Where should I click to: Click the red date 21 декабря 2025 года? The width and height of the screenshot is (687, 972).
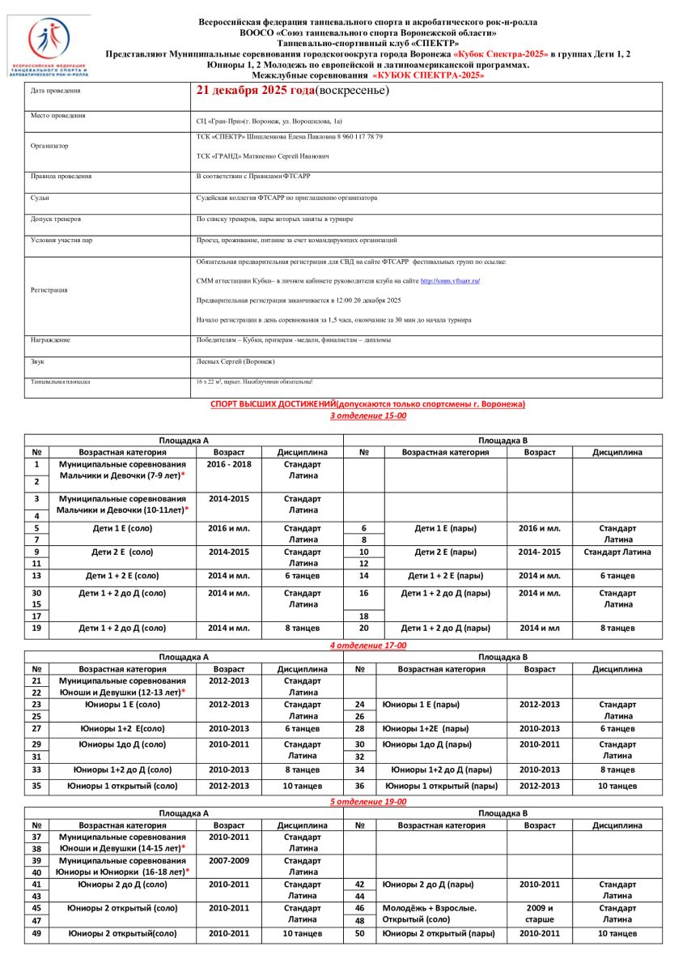[x=255, y=90]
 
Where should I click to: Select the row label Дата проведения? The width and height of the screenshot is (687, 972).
[x=56, y=91]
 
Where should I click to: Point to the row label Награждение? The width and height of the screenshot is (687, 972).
[x=50, y=340]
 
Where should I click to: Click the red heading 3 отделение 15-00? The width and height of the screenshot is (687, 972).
[x=368, y=416]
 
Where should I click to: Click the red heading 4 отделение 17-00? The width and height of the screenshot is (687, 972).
[x=368, y=645]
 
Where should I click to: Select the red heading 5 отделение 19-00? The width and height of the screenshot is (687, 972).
[x=368, y=802]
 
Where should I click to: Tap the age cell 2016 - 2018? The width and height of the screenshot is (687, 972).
[x=228, y=465]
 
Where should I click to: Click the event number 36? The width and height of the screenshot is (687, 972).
[x=361, y=786]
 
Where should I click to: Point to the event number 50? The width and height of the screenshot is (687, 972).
[x=361, y=934]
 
